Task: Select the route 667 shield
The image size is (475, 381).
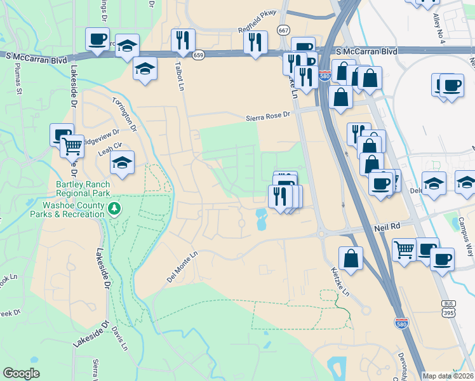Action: (x=284, y=30)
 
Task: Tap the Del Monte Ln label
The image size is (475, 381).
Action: (x=183, y=266)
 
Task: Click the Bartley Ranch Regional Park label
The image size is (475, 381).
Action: (x=83, y=189)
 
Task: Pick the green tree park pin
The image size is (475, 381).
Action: (x=114, y=209)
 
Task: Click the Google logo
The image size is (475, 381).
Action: (x=21, y=373)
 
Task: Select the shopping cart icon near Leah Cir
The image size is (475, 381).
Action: (x=72, y=146)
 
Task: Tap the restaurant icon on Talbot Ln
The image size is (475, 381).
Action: (x=183, y=40)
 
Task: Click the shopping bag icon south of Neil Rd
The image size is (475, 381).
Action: (x=351, y=257)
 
